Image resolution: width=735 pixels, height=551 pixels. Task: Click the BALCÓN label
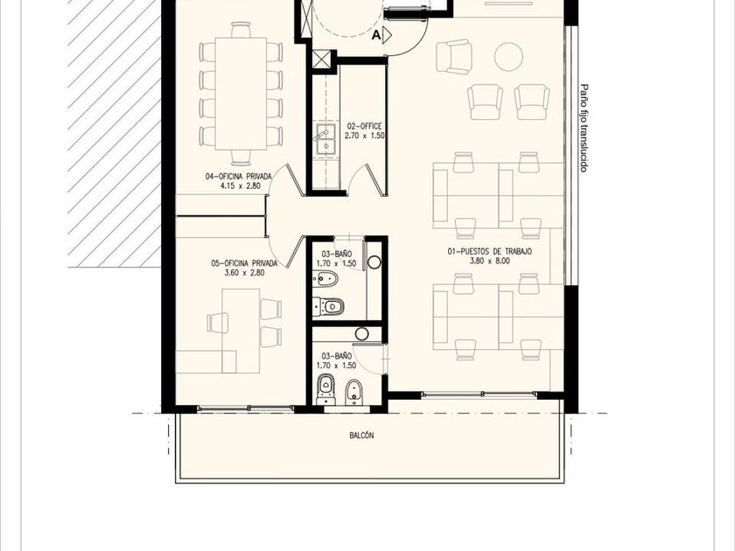[x=361, y=436]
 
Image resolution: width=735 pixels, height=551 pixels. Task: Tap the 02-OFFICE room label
[x=364, y=126]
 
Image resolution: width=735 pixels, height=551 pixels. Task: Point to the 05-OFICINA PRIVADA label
[x=244, y=263]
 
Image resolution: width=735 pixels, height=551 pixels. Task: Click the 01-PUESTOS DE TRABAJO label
[x=489, y=252]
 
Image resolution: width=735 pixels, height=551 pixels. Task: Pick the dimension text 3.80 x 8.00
[x=489, y=261]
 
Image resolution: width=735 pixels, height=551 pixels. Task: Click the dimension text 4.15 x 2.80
[x=240, y=186]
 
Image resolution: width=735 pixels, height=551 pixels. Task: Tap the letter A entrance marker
[x=376, y=35]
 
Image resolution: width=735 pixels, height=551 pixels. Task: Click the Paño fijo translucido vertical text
[x=584, y=128]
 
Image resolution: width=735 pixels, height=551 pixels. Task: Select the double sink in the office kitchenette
[x=325, y=139]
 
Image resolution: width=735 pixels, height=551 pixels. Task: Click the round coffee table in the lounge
[x=508, y=57]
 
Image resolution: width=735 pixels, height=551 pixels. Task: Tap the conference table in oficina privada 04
[x=241, y=94]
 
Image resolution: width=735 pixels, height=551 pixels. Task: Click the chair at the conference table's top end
[x=241, y=30]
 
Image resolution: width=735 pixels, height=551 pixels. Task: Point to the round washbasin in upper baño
[x=374, y=262]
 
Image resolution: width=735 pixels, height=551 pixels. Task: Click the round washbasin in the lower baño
[x=362, y=334]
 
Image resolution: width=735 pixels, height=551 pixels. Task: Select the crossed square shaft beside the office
[x=322, y=59]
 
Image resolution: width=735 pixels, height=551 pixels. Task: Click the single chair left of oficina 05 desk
[x=217, y=323]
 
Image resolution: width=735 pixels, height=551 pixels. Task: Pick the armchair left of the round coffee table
[x=453, y=57]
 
